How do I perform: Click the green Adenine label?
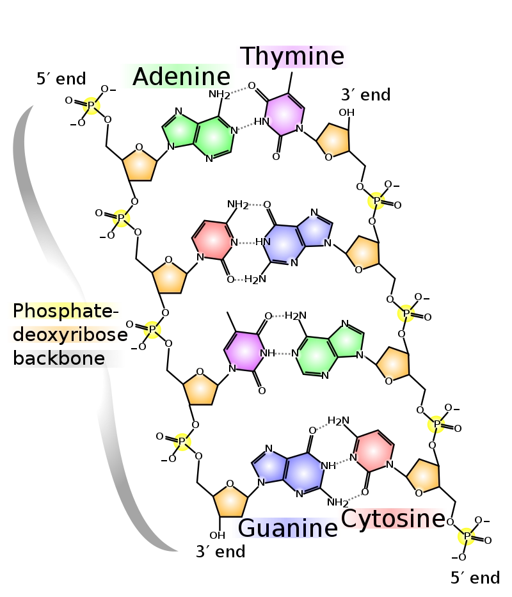[x=177, y=77]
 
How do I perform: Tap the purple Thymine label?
[x=294, y=56]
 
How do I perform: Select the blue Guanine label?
[x=286, y=529]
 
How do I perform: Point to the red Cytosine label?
[x=392, y=519]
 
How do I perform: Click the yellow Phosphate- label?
[x=64, y=311]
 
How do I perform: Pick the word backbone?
[x=59, y=358]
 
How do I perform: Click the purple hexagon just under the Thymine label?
[x=284, y=115]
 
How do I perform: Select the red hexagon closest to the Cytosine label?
[x=374, y=451]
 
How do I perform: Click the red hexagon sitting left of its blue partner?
[x=212, y=240]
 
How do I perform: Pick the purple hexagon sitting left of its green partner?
[x=244, y=351]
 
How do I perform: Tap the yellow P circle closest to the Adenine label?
[x=91, y=106]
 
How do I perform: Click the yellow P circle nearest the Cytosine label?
[x=466, y=537]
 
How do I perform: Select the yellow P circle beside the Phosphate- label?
[x=152, y=330]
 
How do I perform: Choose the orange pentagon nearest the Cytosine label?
[x=423, y=477]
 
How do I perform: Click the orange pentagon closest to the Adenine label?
[x=140, y=165]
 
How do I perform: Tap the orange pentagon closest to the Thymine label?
[x=333, y=139]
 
